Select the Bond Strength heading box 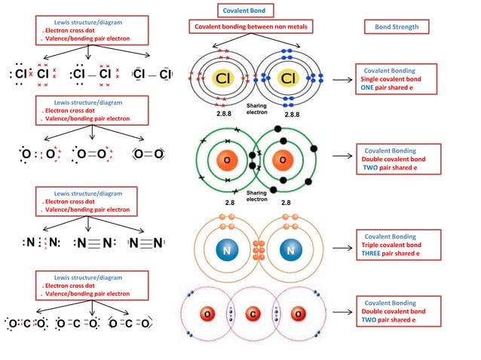click(x=397, y=27)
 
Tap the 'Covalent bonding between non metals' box click(x=250, y=27)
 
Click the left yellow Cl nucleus click(x=223, y=78)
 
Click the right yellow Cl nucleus click(x=287, y=78)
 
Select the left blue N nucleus click(x=226, y=248)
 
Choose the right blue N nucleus click(x=290, y=248)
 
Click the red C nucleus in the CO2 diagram click(x=255, y=313)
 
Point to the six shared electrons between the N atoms click(x=258, y=249)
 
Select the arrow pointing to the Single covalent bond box click(x=343, y=79)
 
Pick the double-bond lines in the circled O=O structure click(x=148, y=154)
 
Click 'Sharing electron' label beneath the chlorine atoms click(x=257, y=109)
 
